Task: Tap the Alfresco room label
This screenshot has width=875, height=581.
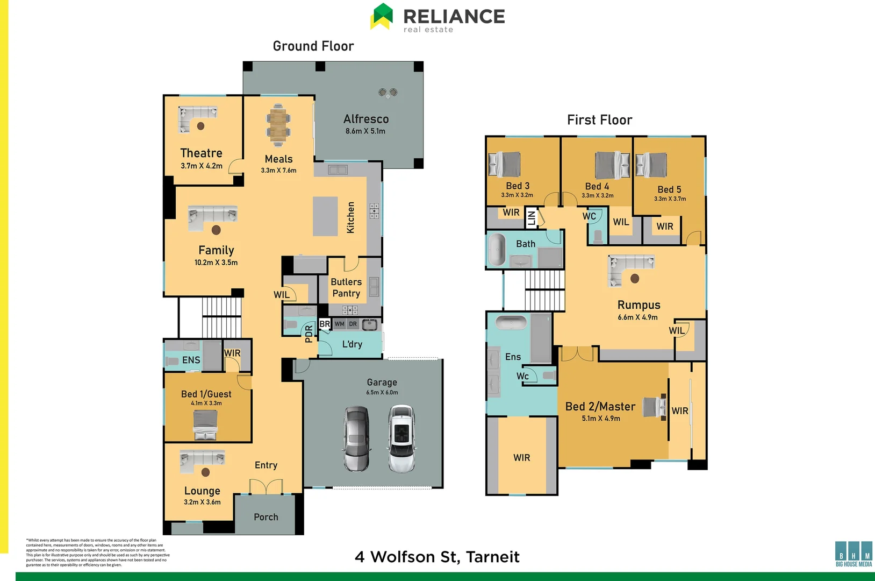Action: (366, 119)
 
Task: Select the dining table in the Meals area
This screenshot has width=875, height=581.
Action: (278, 125)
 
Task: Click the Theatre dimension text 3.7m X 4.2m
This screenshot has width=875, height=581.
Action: (202, 166)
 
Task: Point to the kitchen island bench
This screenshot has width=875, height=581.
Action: (325, 216)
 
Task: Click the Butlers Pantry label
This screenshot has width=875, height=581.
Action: (346, 287)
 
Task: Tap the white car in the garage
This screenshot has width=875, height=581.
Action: (401, 439)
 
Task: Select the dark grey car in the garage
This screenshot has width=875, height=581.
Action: (356, 439)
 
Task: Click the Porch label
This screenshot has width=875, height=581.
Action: (266, 517)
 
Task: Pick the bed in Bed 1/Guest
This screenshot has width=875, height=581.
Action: (205, 425)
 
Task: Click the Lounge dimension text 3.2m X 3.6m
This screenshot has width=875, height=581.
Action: (202, 502)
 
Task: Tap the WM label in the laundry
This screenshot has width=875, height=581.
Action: (339, 324)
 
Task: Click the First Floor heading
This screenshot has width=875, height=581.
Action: (599, 120)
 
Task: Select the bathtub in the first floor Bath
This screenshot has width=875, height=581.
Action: (497, 250)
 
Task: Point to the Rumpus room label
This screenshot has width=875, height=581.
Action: (639, 305)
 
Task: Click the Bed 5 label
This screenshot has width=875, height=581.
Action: (669, 189)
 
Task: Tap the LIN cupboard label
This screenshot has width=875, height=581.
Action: (532, 217)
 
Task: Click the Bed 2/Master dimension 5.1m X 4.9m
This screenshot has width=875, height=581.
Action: (601, 418)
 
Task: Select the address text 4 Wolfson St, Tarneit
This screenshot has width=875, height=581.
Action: (437, 557)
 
